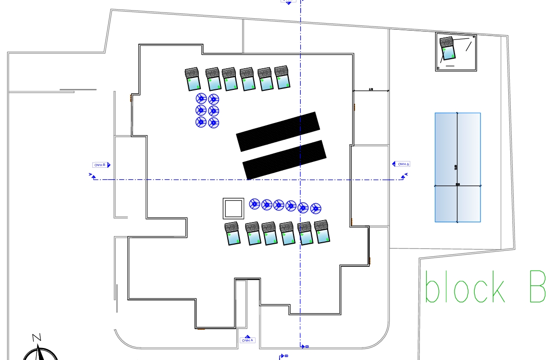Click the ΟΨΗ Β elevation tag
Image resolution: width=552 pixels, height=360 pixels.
pos(101,165)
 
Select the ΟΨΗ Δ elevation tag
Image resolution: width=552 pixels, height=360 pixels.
pos(402,164)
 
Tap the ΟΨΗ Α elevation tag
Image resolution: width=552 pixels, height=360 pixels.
pos(247,340)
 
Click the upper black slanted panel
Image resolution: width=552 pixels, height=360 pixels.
pos(278,132)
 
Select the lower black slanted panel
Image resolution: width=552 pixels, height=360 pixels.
pos(284,160)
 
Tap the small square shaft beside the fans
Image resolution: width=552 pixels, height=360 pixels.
pos(233,209)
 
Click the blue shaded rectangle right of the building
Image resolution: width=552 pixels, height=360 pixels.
pos(457,167)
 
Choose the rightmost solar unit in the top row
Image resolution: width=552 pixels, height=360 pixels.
pos(282,77)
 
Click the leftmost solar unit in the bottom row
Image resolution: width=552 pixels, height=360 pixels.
pos(233,234)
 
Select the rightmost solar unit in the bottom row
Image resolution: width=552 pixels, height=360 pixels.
pos(322,232)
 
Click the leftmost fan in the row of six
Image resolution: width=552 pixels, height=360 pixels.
pos(255,204)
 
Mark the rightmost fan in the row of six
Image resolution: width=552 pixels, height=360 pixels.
pos(315,208)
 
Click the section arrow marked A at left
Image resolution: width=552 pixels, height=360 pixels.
pos(91,176)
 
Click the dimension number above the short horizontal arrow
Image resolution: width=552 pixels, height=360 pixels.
pos(371,89)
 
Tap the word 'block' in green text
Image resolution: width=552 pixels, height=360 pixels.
pos(465,287)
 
